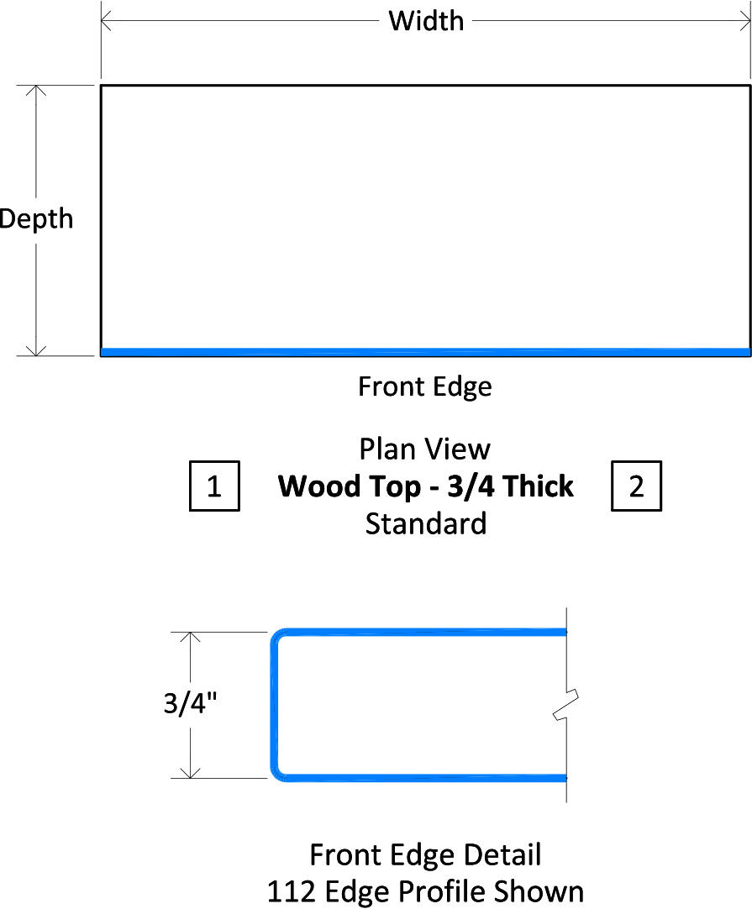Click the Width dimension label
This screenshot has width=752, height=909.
(426, 22)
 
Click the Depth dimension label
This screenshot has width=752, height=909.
(36, 220)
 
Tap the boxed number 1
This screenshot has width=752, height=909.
(214, 486)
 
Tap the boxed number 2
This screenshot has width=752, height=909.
(637, 486)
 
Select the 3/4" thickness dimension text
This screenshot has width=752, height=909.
(190, 703)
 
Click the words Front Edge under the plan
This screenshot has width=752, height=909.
(425, 386)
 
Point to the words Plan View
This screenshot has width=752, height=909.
(425, 449)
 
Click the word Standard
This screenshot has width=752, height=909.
(426, 523)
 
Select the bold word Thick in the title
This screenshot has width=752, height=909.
(539, 486)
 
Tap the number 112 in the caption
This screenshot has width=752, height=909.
(292, 891)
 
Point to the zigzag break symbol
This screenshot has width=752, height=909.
(565, 705)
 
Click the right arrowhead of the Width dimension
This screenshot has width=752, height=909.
(749, 22)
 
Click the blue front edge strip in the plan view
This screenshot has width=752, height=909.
(425, 352)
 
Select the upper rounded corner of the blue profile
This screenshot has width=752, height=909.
(276, 634)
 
